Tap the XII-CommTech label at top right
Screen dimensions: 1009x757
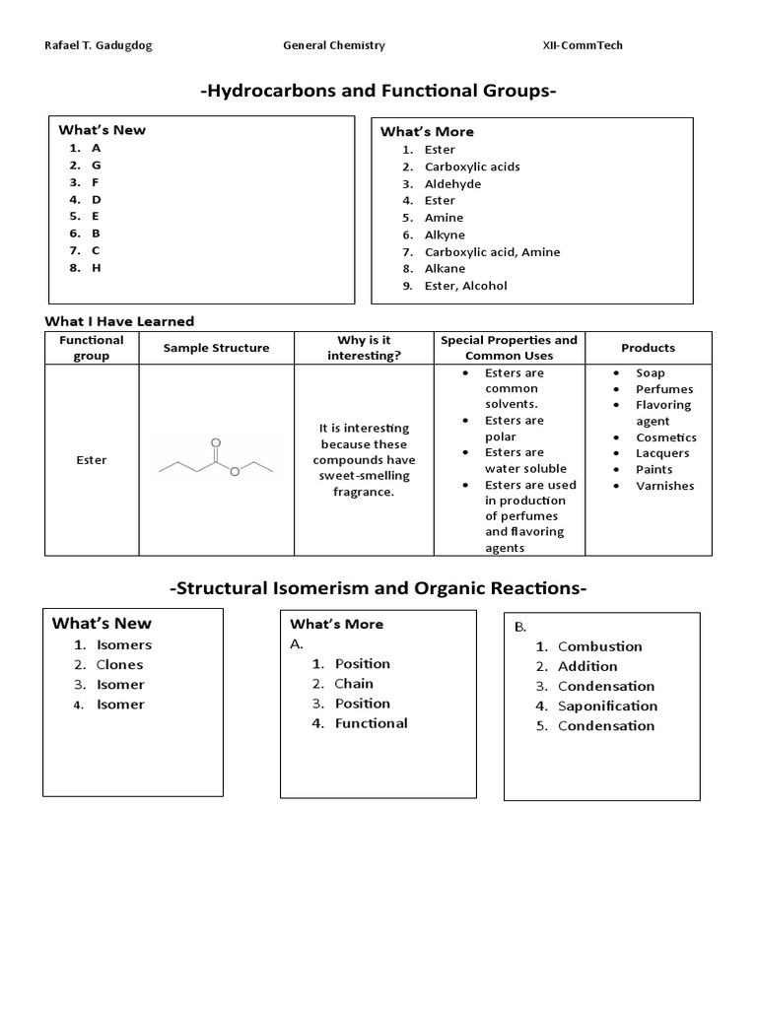[x=583, y=45]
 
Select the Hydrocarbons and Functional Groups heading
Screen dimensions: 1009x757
[x=378, y=92]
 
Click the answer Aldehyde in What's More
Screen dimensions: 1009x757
[x=452, y=183]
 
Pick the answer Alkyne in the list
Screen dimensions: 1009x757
[x=445, y=235]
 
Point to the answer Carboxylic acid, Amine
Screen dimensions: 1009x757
[x=492, y=251]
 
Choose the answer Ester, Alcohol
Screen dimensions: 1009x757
[x=465, y=286]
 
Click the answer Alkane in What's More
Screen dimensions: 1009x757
[x=445, y=268]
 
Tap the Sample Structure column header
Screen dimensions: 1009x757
[x=216, y=348]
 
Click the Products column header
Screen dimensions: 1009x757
[x=649, y=348]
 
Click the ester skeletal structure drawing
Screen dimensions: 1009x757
[x=216, y=460]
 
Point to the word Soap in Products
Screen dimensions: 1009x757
[x=651, y=373]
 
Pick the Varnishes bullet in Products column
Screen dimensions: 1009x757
[x=664, y=486]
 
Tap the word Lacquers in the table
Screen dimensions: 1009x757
[x=662, y=453]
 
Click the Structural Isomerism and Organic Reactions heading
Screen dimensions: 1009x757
[x=378, y=588]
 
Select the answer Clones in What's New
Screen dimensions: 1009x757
[x=119, y=664]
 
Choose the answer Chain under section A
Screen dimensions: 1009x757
[x=354, y=683]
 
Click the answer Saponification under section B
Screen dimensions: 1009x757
[x=607, y=706]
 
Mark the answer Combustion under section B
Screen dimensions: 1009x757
[x=599, y=646]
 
